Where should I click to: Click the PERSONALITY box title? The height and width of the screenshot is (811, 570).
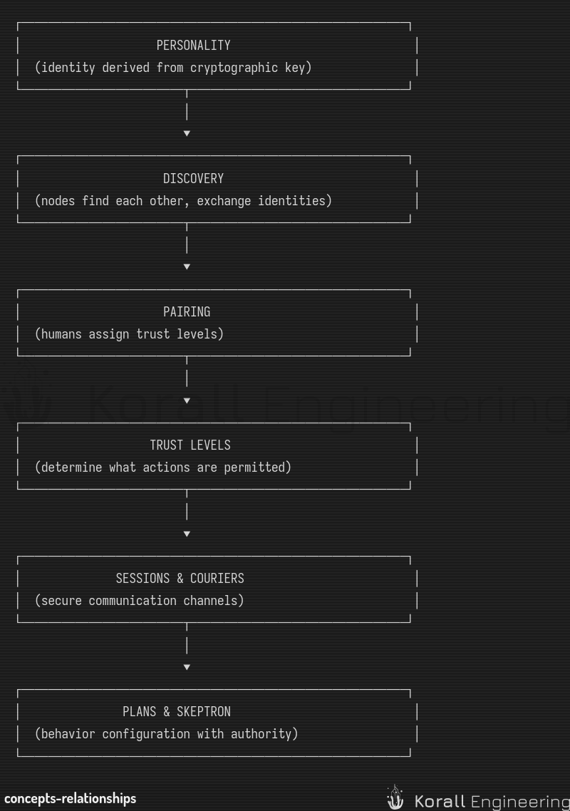(194, 46)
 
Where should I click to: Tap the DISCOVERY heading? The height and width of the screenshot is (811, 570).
(194, 179)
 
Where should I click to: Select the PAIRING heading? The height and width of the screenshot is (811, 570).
(187, 312)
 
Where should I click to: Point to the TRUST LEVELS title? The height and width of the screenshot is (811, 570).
(190, 445)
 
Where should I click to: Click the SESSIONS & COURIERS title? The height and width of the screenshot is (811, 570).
(180, 578)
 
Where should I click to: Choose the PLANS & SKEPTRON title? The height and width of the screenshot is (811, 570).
(177, 712)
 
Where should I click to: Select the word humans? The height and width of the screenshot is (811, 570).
(61, 334)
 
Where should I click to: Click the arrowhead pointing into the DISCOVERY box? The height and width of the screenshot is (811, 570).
(187, 133)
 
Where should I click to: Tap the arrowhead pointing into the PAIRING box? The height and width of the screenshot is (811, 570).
(187, 267)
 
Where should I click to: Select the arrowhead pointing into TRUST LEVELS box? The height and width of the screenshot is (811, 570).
(187, 401)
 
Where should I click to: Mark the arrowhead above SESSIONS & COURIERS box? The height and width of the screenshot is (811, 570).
(187, 534)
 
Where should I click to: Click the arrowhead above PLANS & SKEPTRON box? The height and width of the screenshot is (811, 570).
(187, 667)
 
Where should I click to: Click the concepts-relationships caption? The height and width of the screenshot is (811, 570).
(71, 799)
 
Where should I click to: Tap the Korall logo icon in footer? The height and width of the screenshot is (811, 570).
(395, 797)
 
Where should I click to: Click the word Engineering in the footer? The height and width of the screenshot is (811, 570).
(520, 802)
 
